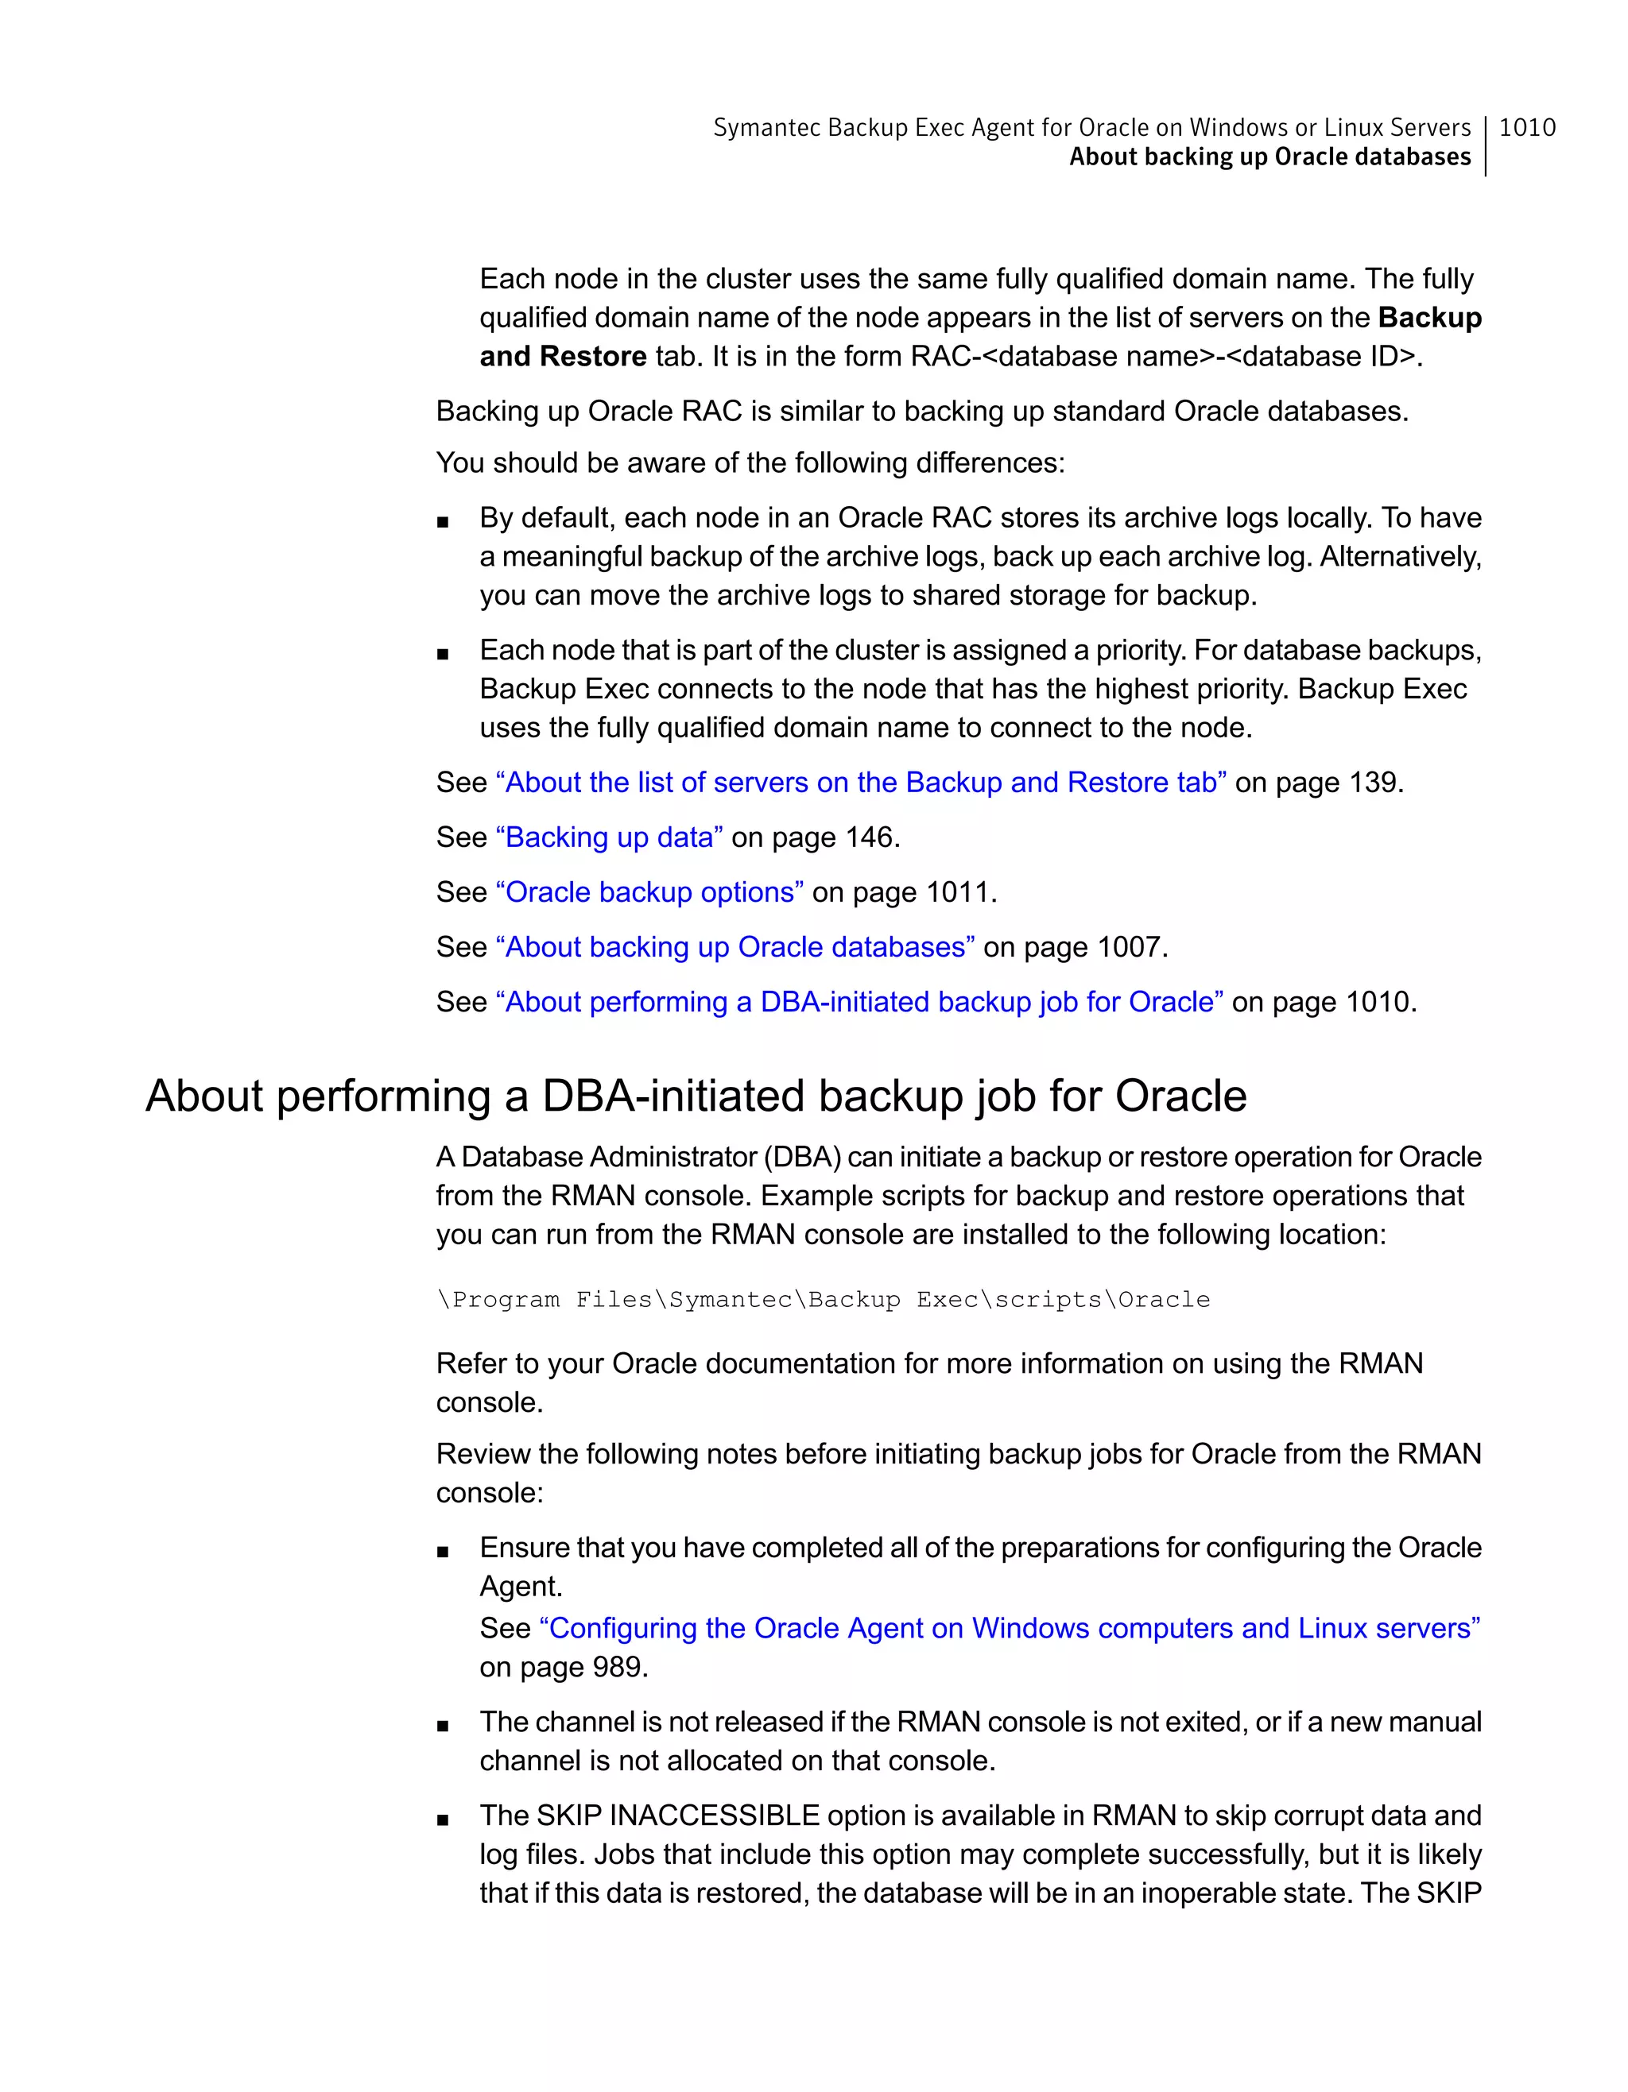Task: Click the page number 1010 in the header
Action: point(1526,127)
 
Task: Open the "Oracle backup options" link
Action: point(649,891)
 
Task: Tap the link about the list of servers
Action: point(859,783)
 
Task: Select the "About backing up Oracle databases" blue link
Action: point(735,946)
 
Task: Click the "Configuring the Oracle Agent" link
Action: point(1009,1628)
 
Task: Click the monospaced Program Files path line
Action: point(823,1300)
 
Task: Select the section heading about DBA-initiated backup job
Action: point(696,1096)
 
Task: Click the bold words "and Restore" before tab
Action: point(563,356)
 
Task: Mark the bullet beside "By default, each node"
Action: point(442,522)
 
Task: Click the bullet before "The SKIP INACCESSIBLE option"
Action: point(442,1820)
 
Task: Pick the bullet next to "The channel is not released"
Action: point(442,1726)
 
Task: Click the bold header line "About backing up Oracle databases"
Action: point(1269,157)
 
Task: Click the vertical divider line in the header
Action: point(1485,145)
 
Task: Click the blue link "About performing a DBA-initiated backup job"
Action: point(859,1002)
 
